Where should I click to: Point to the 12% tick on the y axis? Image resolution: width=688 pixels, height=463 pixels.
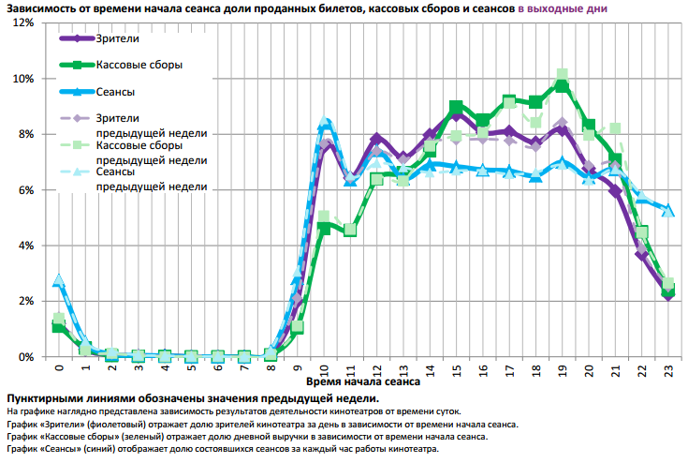[x=21, y=22]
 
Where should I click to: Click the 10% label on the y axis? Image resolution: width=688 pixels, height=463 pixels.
[x=21, y=78]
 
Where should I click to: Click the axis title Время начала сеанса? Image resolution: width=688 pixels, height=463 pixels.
[x=361, y=382]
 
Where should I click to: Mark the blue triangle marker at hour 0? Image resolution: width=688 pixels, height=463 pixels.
[x=58, y=280]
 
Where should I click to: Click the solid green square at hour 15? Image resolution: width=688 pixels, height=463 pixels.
[x=456, y=108]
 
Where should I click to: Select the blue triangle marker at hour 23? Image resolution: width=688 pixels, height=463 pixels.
[x=668, y=210]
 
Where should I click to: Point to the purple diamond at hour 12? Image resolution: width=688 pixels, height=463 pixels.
[x=376, y=139]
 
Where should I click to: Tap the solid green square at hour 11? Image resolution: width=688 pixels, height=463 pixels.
[x=350, y=230]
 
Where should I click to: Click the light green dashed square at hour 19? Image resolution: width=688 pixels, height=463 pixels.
[x=562, y=75]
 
